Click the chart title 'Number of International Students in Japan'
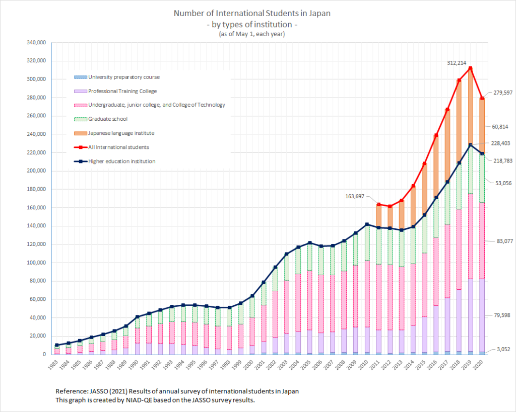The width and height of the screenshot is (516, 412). click(252, 14)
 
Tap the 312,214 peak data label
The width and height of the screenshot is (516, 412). click(457, 63)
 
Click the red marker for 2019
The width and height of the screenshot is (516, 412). click(470, 68)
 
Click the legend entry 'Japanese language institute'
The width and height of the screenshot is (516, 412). click(121, 133)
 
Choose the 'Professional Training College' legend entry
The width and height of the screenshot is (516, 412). click(122, 91)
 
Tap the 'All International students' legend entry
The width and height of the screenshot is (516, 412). click(118, 147)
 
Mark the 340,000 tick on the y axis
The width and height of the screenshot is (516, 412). click(36, 43)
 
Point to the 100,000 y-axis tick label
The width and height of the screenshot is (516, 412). click(36, 263)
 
